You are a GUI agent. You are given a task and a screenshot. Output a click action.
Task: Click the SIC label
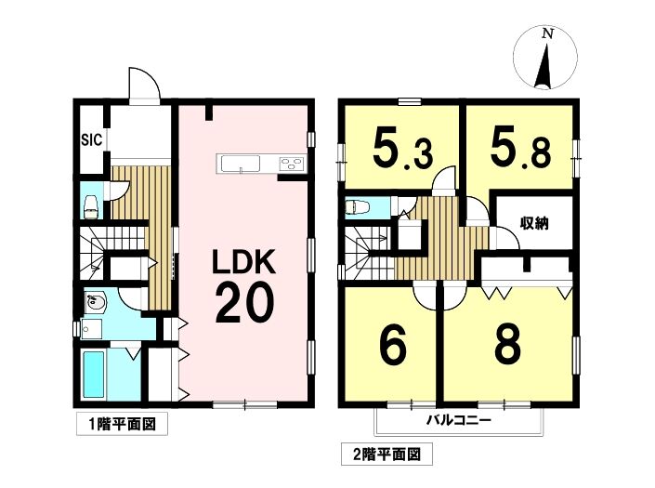91,139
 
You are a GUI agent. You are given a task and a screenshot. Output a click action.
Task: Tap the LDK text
244,261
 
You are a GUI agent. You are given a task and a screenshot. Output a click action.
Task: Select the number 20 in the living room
244,302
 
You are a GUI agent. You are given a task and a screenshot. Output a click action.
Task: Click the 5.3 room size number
402,148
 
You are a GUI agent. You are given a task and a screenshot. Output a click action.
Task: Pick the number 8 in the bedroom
508,345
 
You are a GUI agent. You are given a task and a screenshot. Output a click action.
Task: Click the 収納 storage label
534,223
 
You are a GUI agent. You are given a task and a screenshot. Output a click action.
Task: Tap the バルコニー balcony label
458,420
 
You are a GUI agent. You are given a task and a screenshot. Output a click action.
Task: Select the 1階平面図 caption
122,425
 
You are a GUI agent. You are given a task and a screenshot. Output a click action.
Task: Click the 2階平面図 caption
386,455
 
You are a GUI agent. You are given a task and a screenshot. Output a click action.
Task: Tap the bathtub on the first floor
94,375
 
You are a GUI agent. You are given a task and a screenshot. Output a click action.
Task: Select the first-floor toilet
91,207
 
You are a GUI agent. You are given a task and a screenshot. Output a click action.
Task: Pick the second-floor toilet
357,207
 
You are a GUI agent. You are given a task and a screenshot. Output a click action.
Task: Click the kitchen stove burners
293,164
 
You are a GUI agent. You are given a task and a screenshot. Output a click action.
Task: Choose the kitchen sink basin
241,163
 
